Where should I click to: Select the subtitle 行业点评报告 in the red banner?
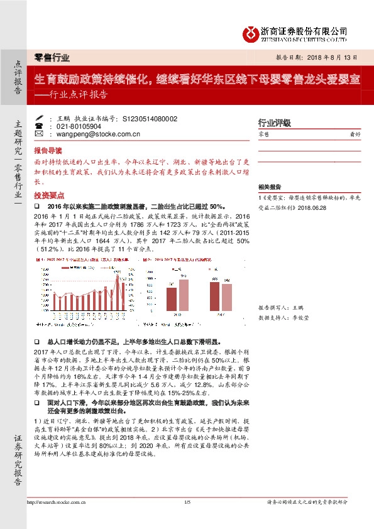(79, 95)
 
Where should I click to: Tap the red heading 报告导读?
(48, 151)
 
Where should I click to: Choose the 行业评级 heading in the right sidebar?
(275, 123)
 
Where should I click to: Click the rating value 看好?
(355, 134)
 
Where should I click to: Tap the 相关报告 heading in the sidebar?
(271, 187)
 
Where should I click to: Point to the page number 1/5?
(187, 501)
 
